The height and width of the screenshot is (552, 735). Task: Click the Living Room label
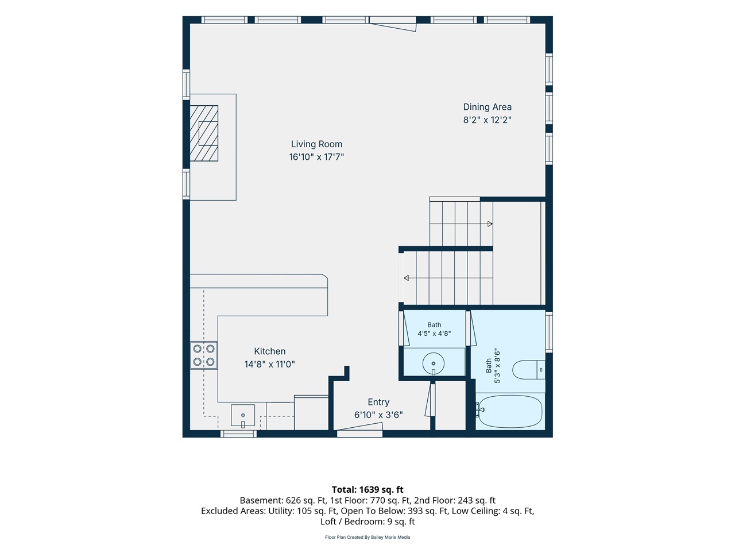(x=316, y=144)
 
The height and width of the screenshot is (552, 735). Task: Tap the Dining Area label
(x=487, y=107)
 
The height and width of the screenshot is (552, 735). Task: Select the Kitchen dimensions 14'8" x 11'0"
(x=269, y=364)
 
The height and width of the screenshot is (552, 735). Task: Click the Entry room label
(x=378, y=402)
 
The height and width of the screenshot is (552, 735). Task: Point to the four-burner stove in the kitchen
(x=204, y=355)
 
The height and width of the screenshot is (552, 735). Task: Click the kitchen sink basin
(x=243, y=415)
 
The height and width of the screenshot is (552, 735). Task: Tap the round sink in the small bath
(x=434, y=363)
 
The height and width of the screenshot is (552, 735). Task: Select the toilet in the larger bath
(x=529, y=370)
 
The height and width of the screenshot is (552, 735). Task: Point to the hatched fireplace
(x=204, y=133)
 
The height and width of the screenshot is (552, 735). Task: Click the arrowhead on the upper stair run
(x=490, y=224)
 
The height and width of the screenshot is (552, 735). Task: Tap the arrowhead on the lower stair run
(x=407, y=278)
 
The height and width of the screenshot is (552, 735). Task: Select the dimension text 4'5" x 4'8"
(x=434, y=333)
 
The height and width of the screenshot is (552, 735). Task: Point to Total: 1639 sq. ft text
(x=367, y=490)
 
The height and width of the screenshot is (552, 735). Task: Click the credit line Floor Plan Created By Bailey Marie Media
(x=367, y=537)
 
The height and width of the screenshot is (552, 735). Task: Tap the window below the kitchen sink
(x=238, y=434)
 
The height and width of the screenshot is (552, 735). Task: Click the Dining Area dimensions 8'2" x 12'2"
(x=487, y=120)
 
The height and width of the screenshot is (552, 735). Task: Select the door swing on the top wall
(x=392, y=24)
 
